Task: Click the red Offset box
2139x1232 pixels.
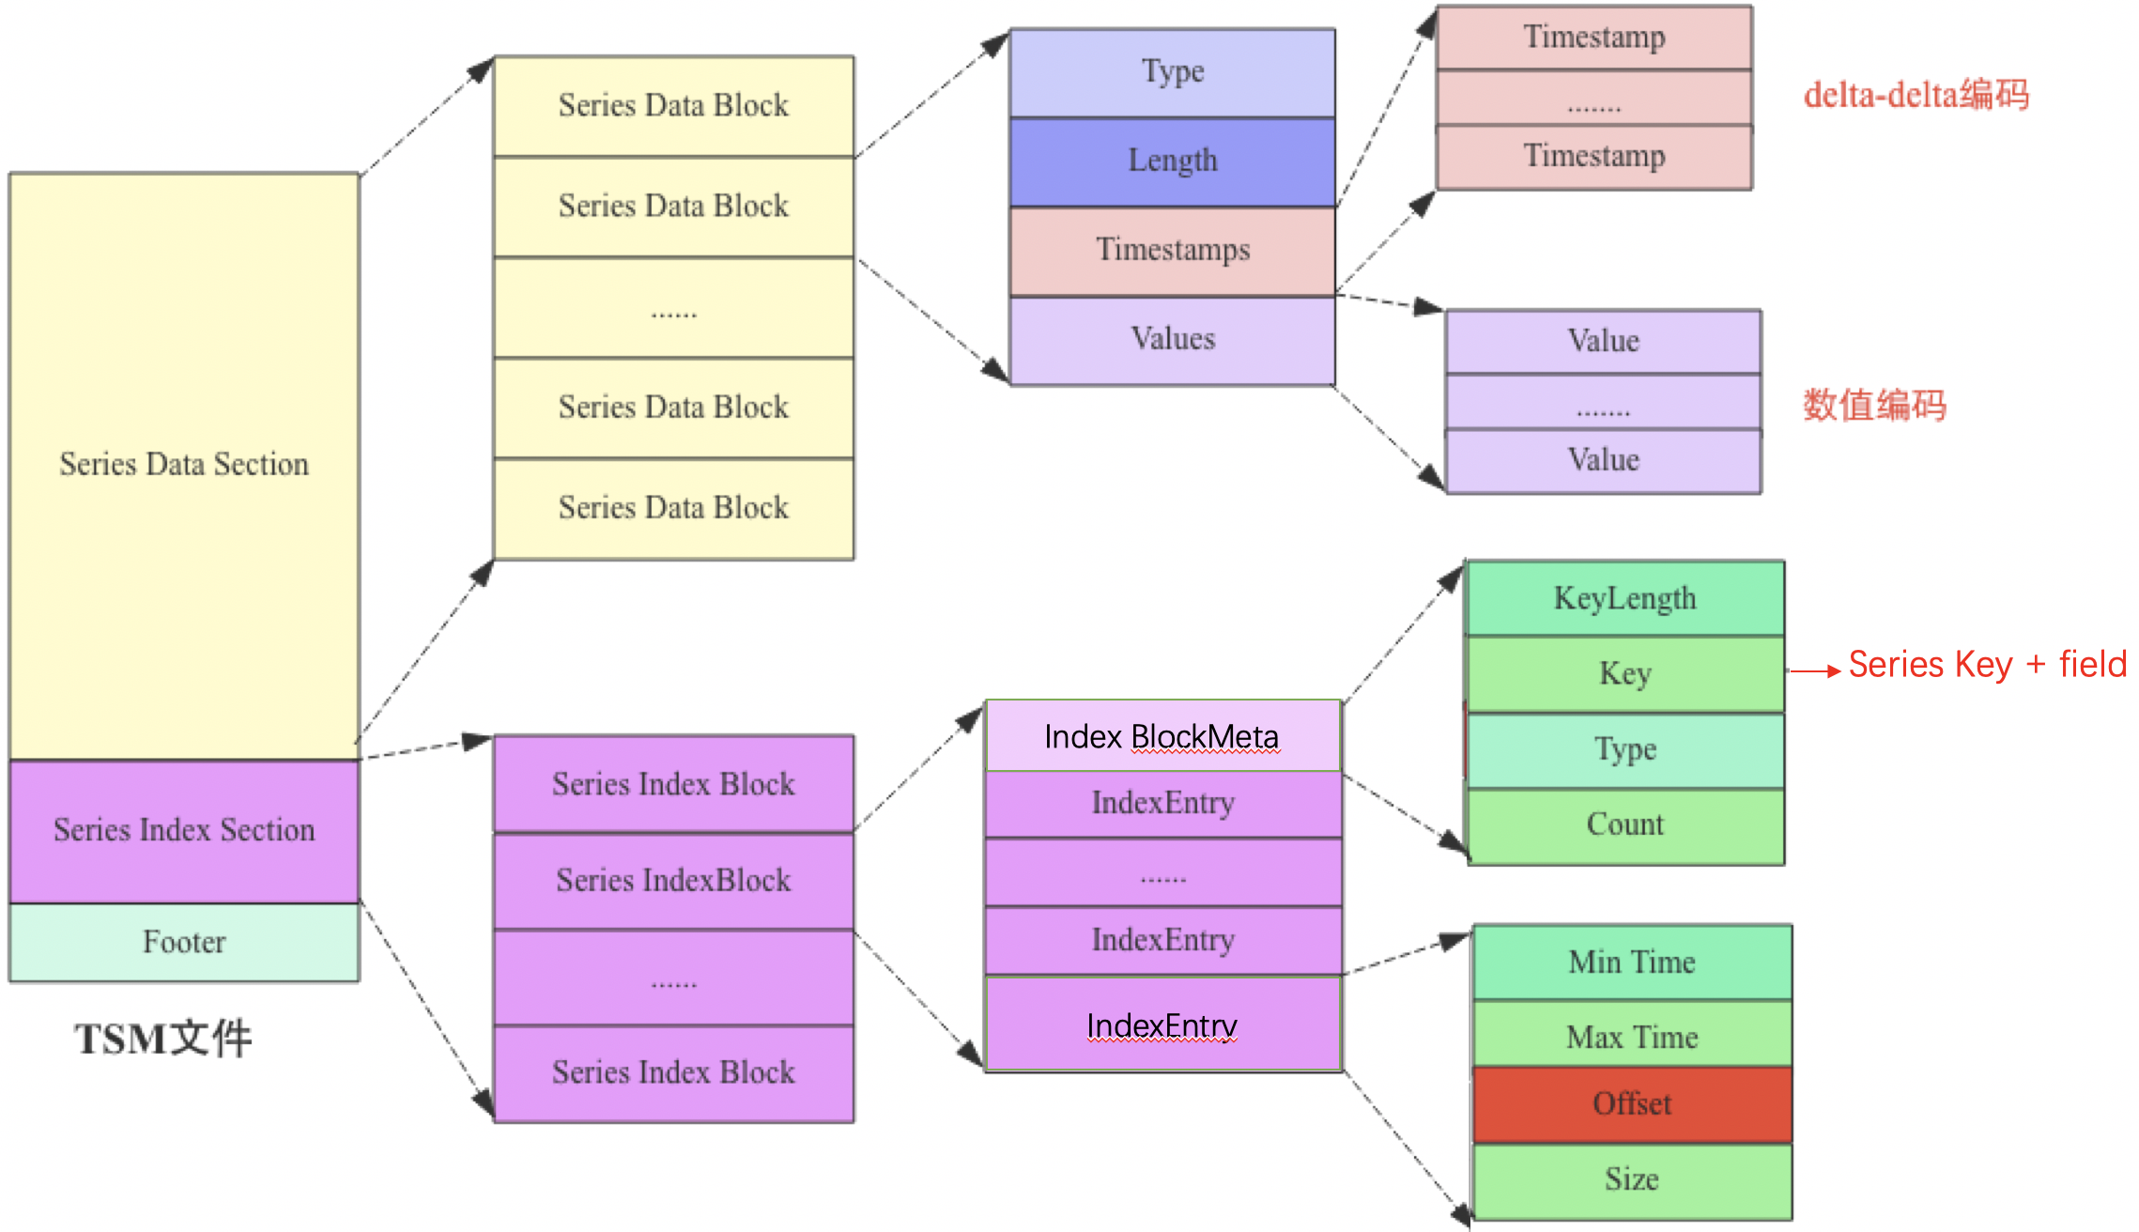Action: [x=1632, y=1104]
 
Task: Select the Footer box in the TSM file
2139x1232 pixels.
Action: [x=184, y=942]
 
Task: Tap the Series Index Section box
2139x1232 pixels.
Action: [x=184, y=830]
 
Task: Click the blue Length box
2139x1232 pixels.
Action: [x=1172, y=161]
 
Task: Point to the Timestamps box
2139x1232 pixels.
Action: [x=1172, y=250]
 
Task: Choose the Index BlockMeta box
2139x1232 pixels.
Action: [x=1162, y=736]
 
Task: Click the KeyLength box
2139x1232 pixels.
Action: [x=1624, y=598]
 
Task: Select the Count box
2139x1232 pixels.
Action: [x=1624, y=824]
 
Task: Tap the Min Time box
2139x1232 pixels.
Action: [x=1632, y=962]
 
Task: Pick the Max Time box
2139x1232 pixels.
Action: [x=1632, y=1037]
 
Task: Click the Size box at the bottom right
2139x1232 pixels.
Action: [x=1632, y=1179]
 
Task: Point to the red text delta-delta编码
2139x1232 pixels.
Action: [x=1916, y=95]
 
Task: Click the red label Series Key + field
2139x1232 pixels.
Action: [x=1987, y=665]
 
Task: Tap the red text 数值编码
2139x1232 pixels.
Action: [x=1874, y=406]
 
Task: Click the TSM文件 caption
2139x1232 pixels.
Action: [x=163, y=1039]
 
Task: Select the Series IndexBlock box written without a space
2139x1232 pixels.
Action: [x=673, y=881]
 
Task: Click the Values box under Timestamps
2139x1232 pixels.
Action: [x=1172, y=339]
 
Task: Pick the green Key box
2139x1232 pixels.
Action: [x=1624, y=673]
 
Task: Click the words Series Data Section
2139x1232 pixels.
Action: [x=184, y=464]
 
